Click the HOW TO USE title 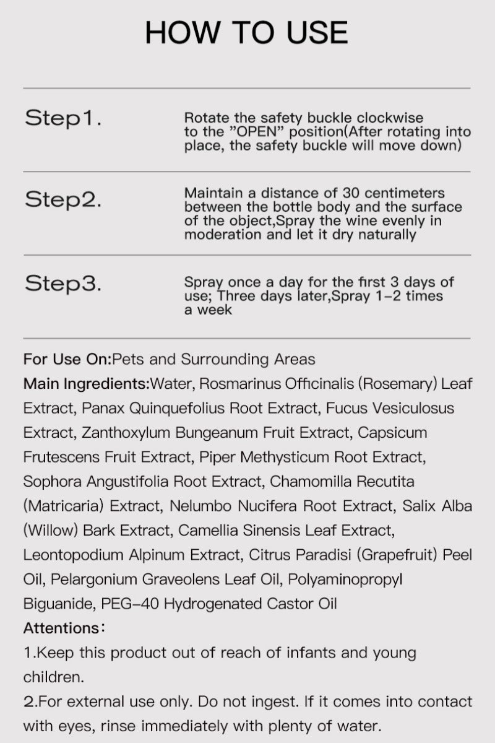(x=246, y=33)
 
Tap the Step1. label (x=63, y=118)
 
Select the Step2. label (x=63, y=200)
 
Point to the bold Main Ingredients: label (x=86, y=383)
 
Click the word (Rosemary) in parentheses (x=397, y=383)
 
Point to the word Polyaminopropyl (x=352, y=579)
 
